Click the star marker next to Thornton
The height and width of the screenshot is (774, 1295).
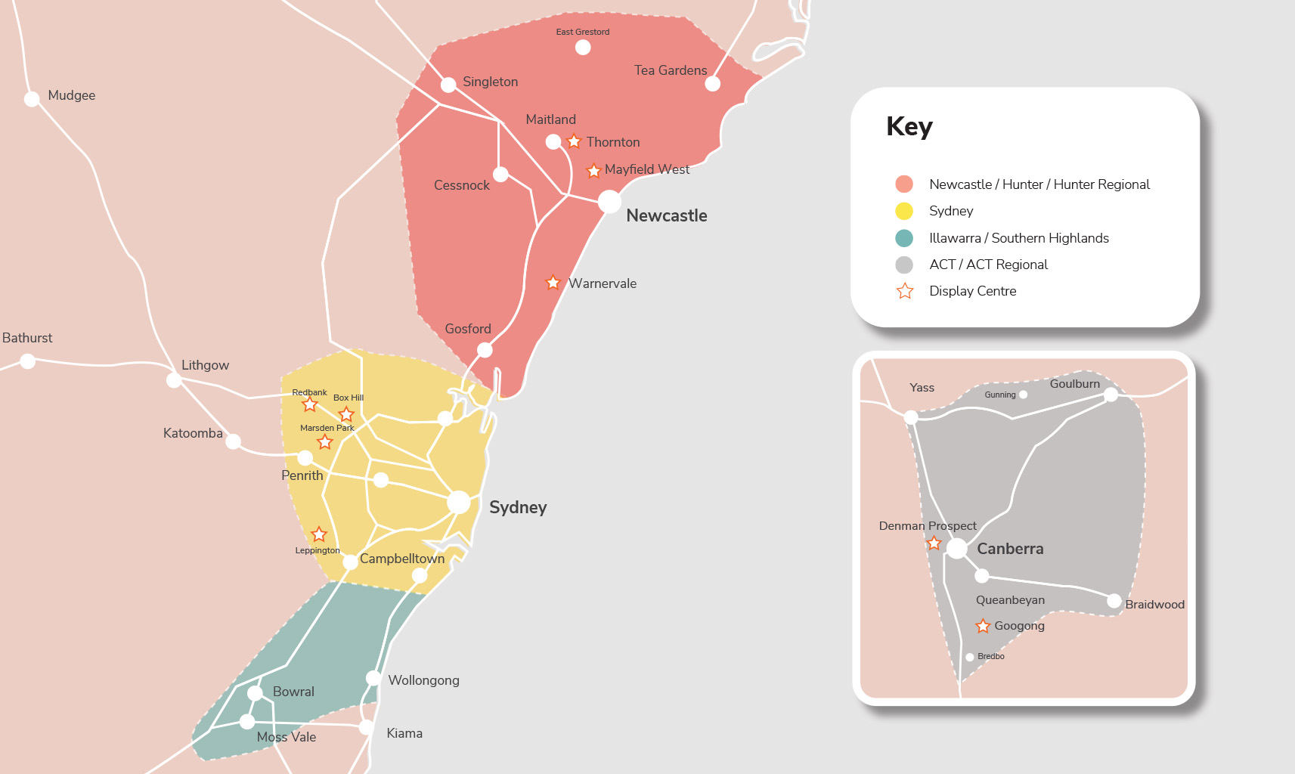point(574,141)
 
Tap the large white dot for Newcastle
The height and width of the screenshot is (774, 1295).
point(609,201)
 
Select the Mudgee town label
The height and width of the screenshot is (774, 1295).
point(71,95)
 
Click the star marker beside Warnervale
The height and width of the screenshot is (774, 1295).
point(553,283)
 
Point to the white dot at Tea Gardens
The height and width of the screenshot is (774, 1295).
point(712,84)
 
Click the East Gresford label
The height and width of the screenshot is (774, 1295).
point(582,32)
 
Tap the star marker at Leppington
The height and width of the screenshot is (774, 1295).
point(319,534)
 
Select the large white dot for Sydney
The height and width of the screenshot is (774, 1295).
point(459,502)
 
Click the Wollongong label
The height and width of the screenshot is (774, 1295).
point(423,680)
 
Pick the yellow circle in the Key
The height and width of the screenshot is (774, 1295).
point(904,211)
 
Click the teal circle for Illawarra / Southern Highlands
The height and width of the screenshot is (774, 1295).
point(904,238)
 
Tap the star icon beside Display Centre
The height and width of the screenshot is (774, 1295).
point(905,291)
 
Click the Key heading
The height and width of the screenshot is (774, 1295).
point(909,126)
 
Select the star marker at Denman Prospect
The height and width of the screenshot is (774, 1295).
point(934,543)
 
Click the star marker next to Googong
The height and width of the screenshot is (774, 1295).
point(983,626)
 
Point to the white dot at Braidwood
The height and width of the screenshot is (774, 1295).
point(1114,601)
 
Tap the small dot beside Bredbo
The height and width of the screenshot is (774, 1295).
point(970,657)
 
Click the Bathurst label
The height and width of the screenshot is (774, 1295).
point(27,338)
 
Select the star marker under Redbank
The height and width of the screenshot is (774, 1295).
point(310,404)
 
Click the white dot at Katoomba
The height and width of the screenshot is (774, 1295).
point(234,441)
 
